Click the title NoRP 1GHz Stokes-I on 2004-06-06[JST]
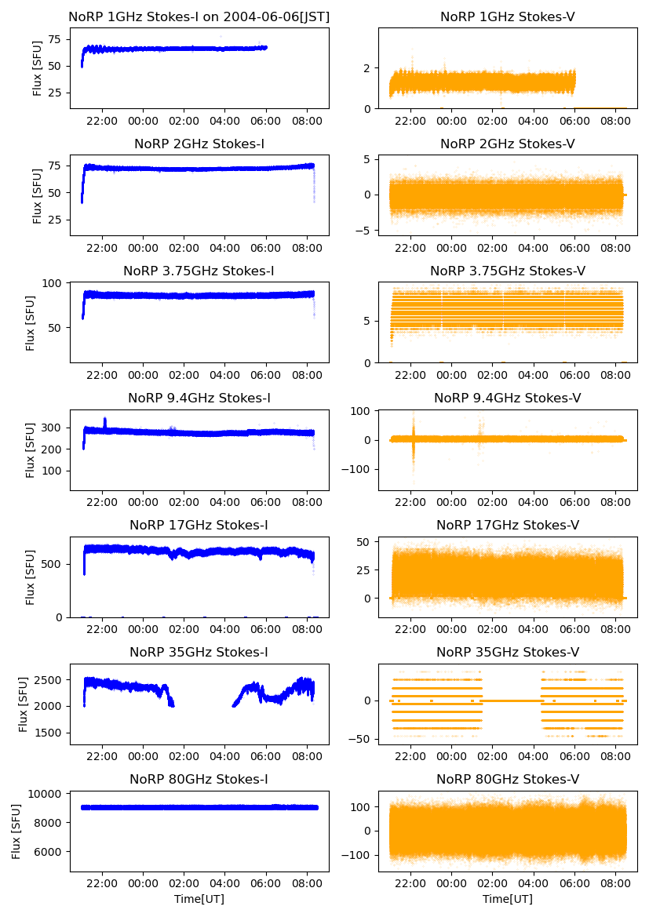click(x=199, y=16)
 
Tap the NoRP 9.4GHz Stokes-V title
click(x=507, y=398)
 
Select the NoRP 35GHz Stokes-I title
click(x=199, y=652)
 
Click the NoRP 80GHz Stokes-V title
click(x=507, y=779)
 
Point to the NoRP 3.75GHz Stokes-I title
click(x=199, y=271)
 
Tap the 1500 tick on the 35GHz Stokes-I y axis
click(x=52, y=733)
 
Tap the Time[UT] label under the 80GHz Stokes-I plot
click(x=199, y=899)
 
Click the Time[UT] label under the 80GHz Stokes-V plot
click(x=507, y=899)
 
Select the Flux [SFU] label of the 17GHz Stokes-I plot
click(x=31, y=577)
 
